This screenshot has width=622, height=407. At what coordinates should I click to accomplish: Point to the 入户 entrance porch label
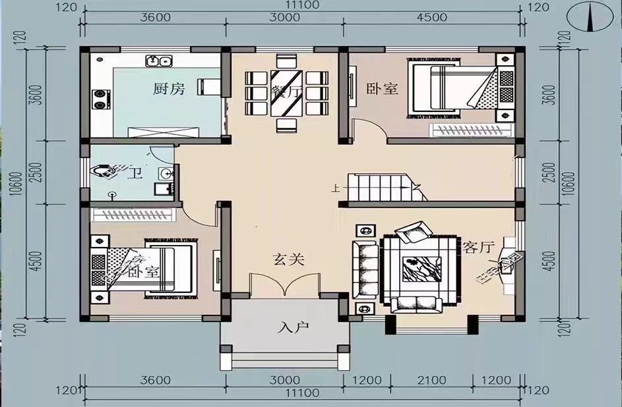coord(289,327)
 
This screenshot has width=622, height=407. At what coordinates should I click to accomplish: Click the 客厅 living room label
coord(478,248)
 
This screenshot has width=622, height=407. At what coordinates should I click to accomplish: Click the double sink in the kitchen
coord(159,62)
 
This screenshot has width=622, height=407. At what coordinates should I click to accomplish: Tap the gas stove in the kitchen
coord(100,98)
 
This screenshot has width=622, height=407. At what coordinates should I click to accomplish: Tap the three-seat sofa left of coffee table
coord(365,270)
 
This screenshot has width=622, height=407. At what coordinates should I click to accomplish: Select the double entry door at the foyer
coord(285,286)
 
